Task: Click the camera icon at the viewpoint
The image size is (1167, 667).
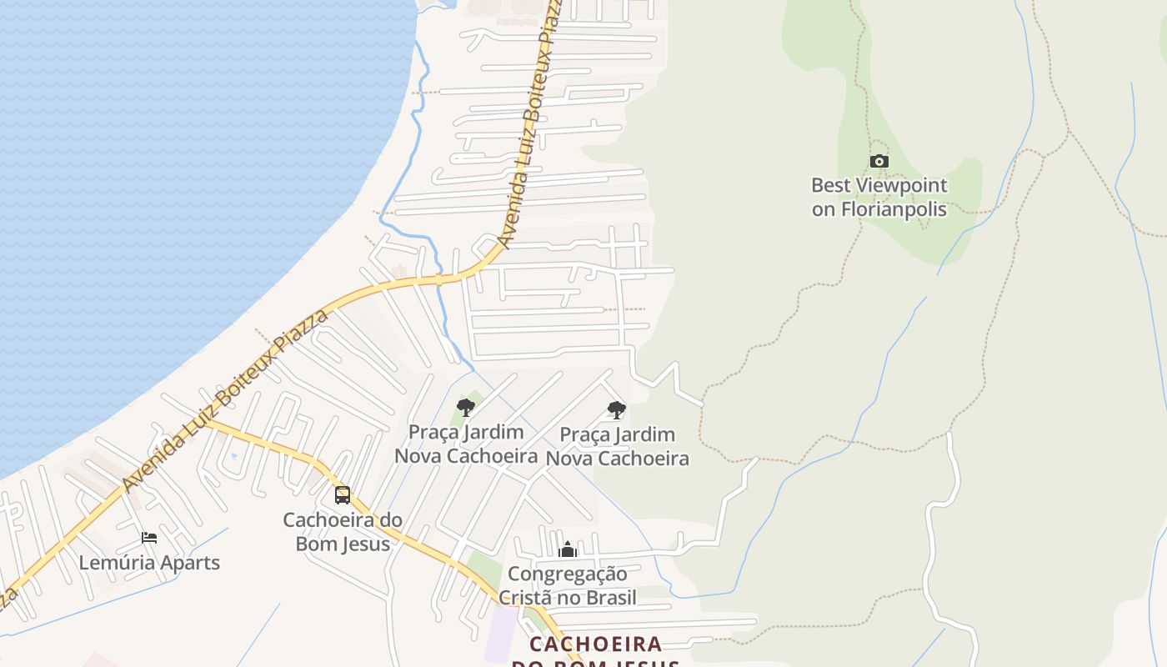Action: tap(879, 162)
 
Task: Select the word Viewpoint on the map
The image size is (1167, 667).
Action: tap(902, 185)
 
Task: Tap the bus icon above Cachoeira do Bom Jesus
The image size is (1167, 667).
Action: tap(343, 495)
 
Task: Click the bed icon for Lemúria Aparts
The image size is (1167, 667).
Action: tap(149, 538)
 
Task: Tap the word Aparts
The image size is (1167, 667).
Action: tap(191, 563)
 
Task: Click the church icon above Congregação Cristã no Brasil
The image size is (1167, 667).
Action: tap(568, 549)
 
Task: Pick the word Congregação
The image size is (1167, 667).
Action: tap(568, 574)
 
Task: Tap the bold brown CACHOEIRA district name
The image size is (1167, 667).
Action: tap(596, 644)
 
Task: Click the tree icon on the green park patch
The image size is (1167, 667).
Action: tap(466, 408)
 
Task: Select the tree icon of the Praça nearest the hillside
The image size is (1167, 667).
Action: tap(617, 410)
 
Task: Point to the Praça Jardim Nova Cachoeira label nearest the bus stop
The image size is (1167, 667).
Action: tap(466, 444)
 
